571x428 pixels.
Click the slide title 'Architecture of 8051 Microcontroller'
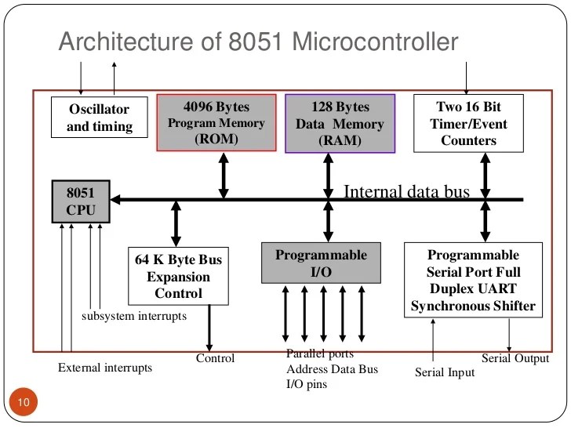pos(258,42)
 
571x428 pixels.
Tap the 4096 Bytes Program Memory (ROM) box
pos(217,122)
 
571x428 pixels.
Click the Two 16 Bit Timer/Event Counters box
pos(467,123)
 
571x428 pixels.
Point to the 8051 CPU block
pos(81,201)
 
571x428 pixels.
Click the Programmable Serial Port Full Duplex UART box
pos(473,280)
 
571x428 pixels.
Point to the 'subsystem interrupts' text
pos(134,317)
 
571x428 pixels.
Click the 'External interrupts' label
pos(105,367)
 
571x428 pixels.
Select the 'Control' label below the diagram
pos(215,359)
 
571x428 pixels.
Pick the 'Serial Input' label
pos(445,372)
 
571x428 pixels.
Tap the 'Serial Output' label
pos(515,358)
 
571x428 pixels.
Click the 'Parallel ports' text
pos(319,354)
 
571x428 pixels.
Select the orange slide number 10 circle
pos(23,404)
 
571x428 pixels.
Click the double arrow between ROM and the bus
pos(224,175)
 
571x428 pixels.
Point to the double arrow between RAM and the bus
pos(329,175)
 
